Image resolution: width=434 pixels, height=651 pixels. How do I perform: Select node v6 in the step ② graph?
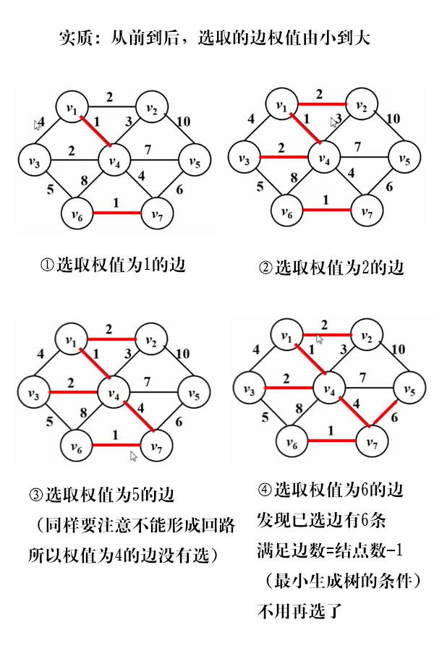[289, 211]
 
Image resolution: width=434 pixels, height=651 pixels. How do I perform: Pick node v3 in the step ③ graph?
[33, 393]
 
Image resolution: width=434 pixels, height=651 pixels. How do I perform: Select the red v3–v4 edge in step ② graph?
[282, 156]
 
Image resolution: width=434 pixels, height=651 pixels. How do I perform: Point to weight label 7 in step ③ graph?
[147, 380]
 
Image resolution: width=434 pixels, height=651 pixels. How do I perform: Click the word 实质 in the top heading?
[75, 38]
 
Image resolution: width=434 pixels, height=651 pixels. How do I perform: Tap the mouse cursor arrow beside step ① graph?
[37, 124]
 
